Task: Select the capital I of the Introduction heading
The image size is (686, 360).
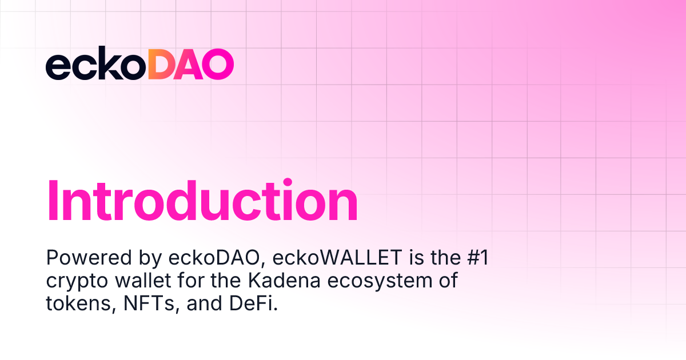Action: pyautogui.click(x=54, y=201)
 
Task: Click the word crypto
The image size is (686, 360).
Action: pyautogui.click(x=71, y=282)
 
